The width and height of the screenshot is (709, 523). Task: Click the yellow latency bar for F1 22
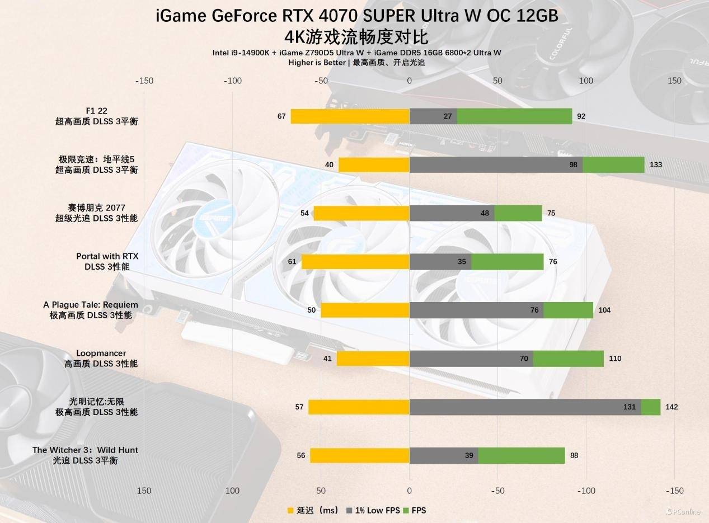(350, 116)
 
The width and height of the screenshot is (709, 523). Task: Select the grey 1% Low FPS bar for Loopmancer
(471, 359)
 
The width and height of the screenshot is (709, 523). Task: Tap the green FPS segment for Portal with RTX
(507, 262)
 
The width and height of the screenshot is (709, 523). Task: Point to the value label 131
(630, 407)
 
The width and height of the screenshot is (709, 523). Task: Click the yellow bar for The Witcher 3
(360, 455)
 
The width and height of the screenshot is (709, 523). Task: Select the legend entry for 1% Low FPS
(373, 510)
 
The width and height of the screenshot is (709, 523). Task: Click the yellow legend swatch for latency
(290, 510)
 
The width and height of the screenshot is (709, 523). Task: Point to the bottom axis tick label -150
(674, 491)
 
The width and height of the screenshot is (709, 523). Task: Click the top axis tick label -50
(321, 81)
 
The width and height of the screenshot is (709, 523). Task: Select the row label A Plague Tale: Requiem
(91, 305)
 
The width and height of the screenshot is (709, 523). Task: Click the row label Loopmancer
(101, 354)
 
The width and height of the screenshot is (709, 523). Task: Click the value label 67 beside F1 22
(281, 116)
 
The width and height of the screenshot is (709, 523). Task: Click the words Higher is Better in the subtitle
(317, 63)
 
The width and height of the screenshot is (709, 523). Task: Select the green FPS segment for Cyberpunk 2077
(518, 213)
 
